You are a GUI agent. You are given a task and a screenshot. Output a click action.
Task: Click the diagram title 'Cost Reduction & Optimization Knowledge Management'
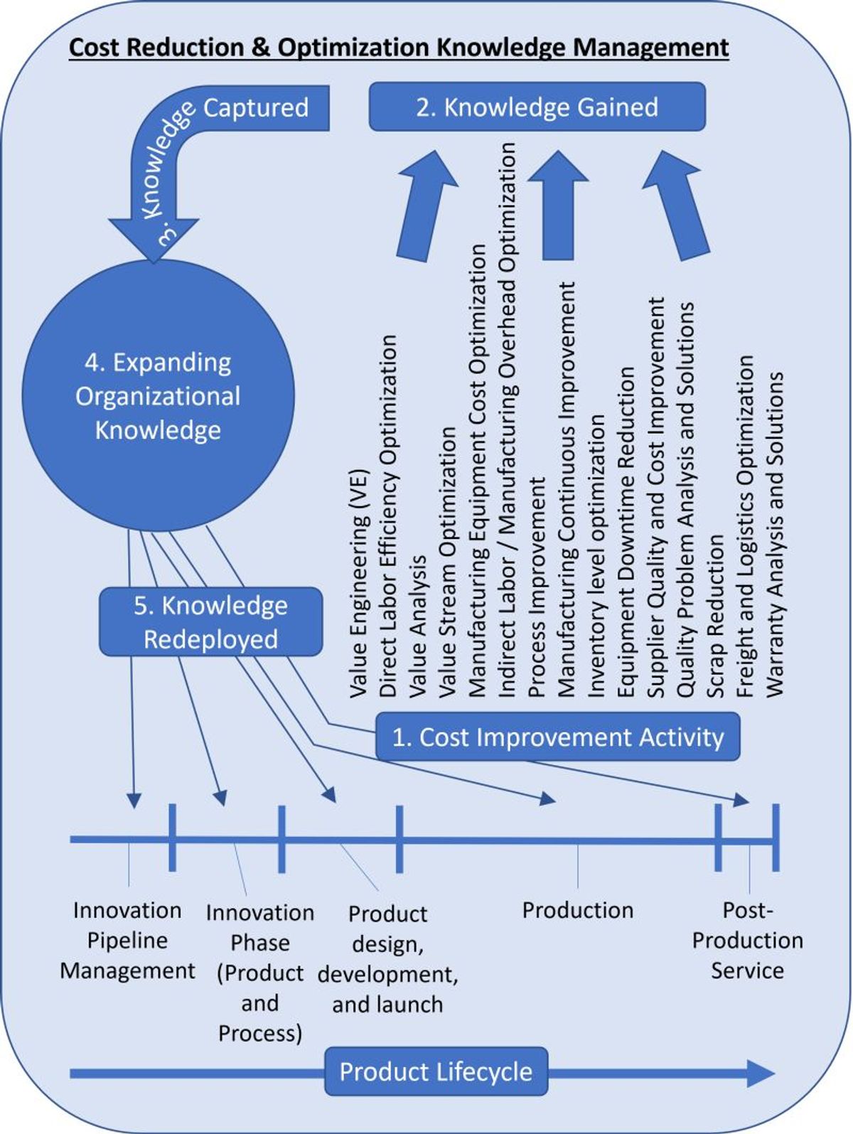(x=399, y=48)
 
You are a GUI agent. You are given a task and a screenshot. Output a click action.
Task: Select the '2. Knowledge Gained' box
(x=537, y=107)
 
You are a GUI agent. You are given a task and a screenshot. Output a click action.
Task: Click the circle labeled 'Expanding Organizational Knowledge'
(x=158, y=396)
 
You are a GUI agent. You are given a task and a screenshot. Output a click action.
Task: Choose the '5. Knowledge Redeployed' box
(x=210, y=622)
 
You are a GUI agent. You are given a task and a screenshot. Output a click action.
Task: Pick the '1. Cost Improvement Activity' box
(x=558, y=737)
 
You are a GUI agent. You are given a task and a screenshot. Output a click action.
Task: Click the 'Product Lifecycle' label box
(x=436, y=1071)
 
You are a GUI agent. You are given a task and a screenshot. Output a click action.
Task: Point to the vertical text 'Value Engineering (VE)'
(x=359, y=583)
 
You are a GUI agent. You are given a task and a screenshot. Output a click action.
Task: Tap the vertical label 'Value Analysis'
(x=419, y=626)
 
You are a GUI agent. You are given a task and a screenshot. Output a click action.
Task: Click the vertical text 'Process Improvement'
(x=537, y=587)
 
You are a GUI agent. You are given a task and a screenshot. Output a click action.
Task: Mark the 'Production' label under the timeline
(x=577, y=911)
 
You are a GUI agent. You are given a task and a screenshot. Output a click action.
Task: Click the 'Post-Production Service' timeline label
(x=747, y=940)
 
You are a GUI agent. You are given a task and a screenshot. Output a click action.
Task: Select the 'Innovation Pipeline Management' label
(x=127, y=940)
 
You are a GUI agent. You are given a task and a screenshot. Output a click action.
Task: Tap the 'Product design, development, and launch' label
(x=387, y=959)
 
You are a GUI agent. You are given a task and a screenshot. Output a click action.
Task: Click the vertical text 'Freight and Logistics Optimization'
(x=745, y=527)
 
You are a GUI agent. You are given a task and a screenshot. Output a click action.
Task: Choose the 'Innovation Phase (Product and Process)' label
(x=260, y=972)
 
